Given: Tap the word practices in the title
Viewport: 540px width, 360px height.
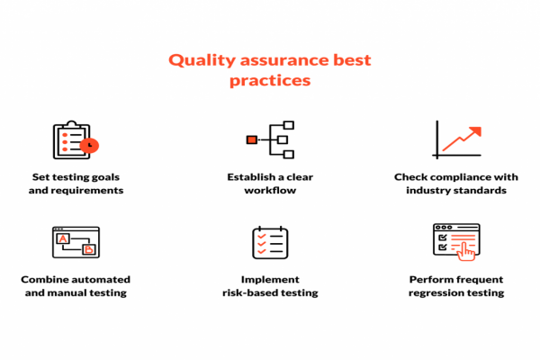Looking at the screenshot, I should [270, 80].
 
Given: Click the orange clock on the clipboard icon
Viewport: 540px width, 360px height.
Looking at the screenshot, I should [88, 144].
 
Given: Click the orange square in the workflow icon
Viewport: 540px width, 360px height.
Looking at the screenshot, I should [252, 139].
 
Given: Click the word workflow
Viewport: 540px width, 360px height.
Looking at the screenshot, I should [270, 191].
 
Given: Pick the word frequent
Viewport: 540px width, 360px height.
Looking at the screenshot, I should [482, 279].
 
